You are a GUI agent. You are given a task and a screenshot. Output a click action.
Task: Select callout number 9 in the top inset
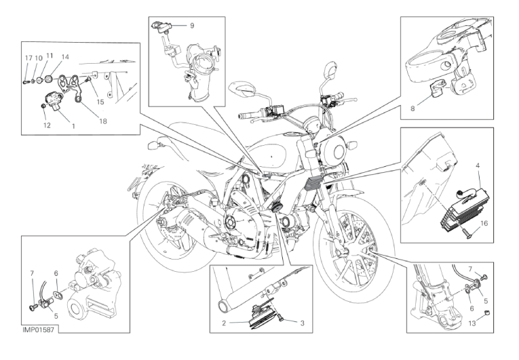(192, 26)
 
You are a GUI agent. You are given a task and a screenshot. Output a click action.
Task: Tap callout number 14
(65, 57)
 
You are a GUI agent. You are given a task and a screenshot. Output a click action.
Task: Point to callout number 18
(103, 121)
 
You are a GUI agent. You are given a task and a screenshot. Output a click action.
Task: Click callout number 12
(47, 125)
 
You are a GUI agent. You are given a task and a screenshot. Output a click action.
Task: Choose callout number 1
(73, 125)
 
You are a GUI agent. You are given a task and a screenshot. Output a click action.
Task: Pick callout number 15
(100, 102)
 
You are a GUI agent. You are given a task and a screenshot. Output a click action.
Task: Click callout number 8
(412, 108)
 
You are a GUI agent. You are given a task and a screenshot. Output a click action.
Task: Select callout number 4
(478, 165)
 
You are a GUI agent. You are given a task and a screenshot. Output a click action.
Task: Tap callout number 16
(484, 223)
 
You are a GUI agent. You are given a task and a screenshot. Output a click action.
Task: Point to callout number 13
(472, 323)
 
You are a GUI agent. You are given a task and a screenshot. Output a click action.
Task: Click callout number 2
(224, 323)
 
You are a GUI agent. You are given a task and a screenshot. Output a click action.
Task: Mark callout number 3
(302, 323)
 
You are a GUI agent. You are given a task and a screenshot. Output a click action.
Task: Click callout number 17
(28, 58)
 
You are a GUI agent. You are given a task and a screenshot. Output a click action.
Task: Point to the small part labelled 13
(487, 313)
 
